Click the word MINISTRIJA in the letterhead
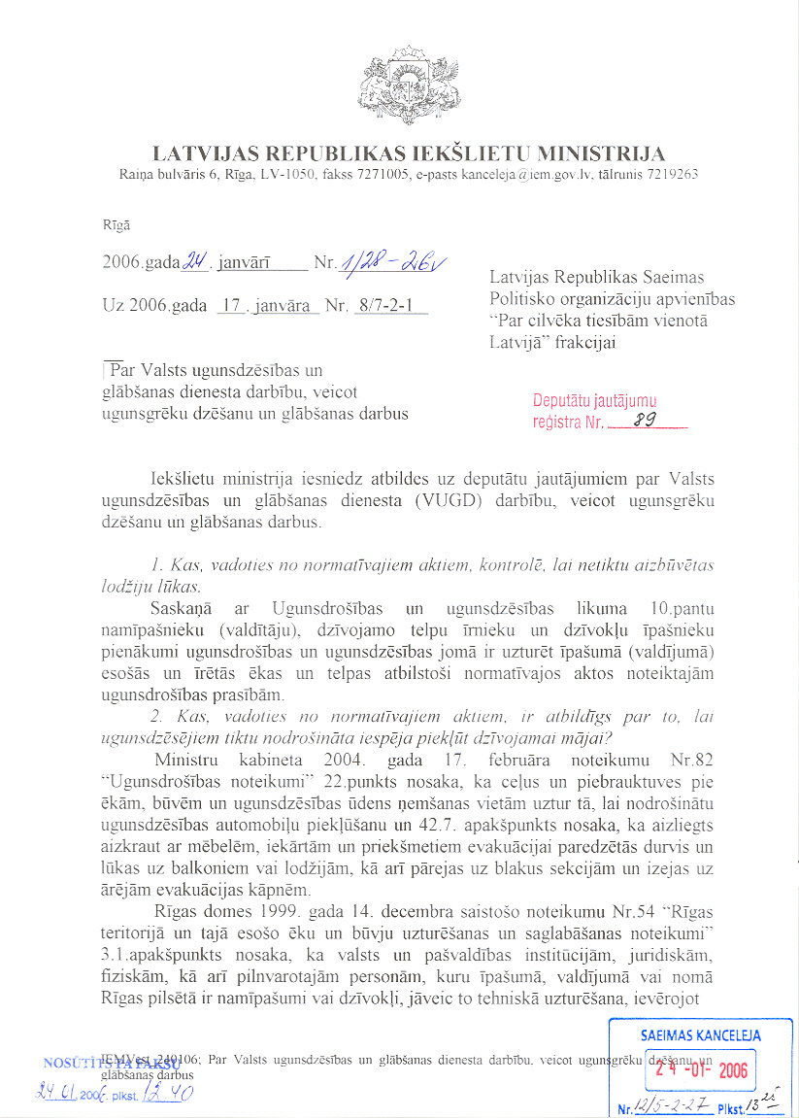coord(602,153)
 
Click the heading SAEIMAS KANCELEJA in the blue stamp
coord(701,1035)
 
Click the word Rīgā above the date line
coord(116,225)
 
